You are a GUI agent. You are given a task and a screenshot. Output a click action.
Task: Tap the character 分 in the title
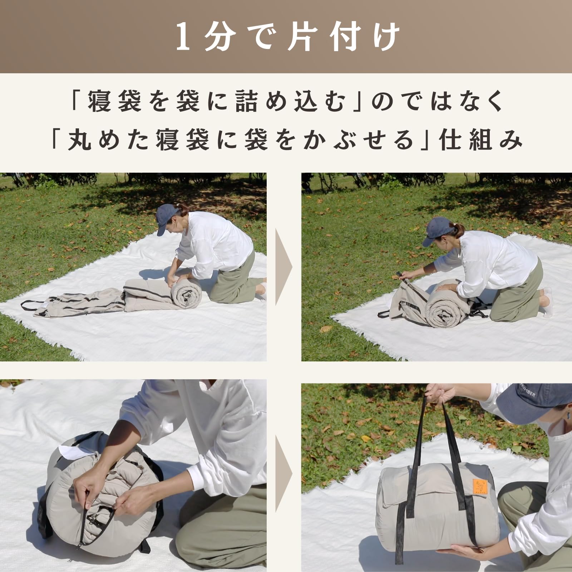pyautogui.click(x=221, y=37)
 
